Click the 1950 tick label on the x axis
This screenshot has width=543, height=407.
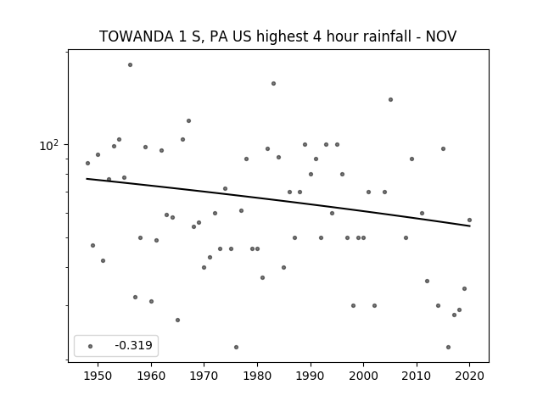[98, 376]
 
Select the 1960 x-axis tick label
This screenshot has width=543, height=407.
[151, 376]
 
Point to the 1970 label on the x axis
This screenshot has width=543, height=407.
[204, 376]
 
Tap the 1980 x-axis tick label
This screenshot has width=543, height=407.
[257, 376]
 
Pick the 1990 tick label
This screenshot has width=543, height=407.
[311, 376]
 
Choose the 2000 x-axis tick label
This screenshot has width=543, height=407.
[363, 376]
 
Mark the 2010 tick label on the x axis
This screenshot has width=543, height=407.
[417, 376]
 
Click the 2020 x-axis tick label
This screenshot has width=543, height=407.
[469, 376]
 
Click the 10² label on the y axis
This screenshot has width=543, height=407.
[49, 145]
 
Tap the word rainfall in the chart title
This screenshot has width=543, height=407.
[389, 36]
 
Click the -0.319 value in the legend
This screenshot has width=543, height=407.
[134, 345]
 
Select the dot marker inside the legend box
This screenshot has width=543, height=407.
[91, 346]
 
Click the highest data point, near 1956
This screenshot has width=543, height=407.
[130, 64]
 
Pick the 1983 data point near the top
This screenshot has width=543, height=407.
[273, 83]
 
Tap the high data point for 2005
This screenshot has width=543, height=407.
[390, 100]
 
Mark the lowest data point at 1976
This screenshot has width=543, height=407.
[236, 347]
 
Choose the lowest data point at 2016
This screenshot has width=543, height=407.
[449, 347]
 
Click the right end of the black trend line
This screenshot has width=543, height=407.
[470, 226]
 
